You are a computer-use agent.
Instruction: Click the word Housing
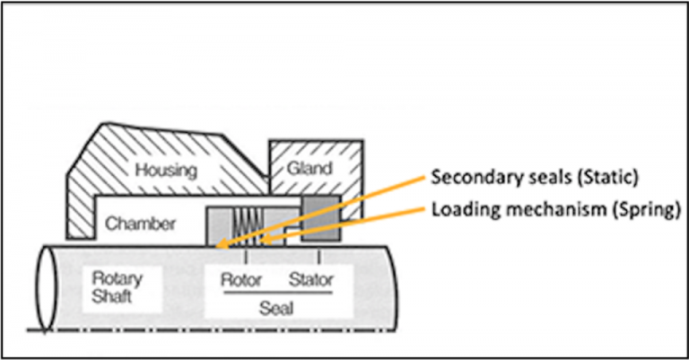click(x=167, y=169)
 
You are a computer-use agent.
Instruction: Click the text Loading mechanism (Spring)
click(x=545, y=209)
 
